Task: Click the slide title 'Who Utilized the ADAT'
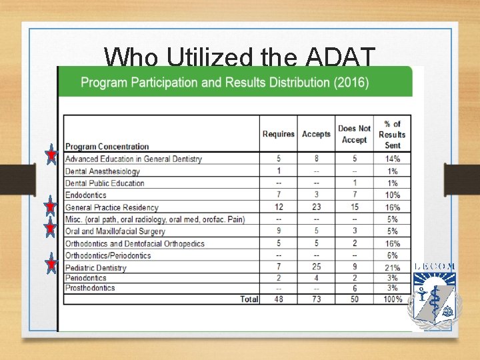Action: pos(240,57)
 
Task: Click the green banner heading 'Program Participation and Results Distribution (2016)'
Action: pos(225,83)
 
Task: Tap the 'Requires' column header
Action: pos(279,134)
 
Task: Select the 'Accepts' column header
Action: pos(316,134)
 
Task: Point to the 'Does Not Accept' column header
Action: pos(354,134)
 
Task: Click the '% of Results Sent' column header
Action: pos(392,134)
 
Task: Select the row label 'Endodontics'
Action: pos(86,195)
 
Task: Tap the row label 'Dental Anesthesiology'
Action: pos(103,171)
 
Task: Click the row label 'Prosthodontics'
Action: pos(90,288)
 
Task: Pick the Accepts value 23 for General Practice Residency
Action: pos(316,207)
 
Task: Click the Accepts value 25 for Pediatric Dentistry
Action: pos(316,267)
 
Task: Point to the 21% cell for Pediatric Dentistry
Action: pos(392,267)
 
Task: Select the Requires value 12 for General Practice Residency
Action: pos(279,207)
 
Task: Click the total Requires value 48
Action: pos(279,299)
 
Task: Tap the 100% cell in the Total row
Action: pos(392,299)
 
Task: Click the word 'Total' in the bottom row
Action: pos(249,299)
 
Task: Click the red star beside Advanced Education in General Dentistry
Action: pos(51,156)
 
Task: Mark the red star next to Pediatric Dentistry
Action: pos(51,265)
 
